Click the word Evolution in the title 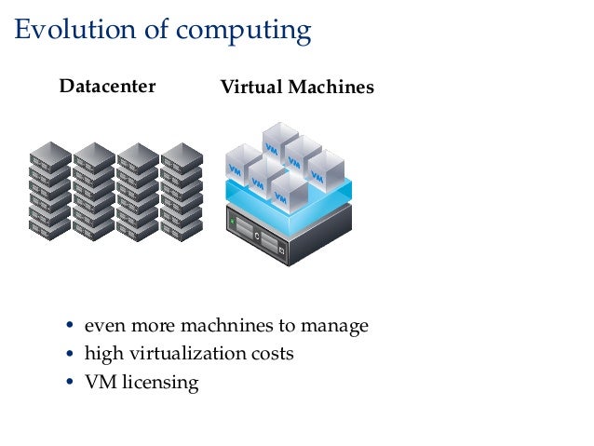pos(68,31)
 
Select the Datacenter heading pos(107,88)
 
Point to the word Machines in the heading pos(331,88)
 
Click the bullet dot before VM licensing pos(71,383)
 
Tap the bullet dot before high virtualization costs pos(71,355)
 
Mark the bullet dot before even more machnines pos(71,327)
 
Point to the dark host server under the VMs pos(288,233)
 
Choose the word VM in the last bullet pos(99,383)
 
